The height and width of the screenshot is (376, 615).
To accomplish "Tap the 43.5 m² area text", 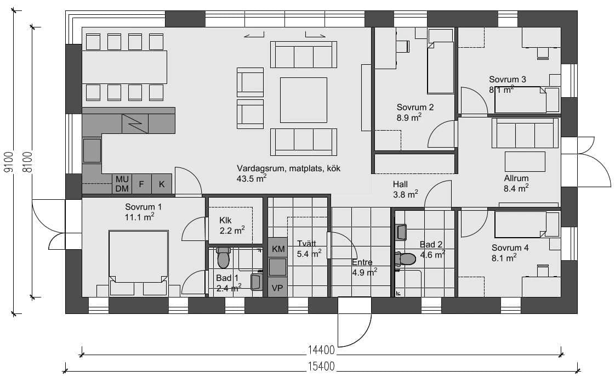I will tap(252, 178).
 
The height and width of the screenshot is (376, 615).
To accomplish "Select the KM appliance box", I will tap(278, 249).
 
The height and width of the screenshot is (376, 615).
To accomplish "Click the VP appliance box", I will tap(278, 288).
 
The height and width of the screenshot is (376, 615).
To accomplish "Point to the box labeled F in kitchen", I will tap(141, 184).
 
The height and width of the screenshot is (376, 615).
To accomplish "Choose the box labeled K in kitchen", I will tap(162, 184).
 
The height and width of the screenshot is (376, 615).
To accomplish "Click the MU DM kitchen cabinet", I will tap(122, 184).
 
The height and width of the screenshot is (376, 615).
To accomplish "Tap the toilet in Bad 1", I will tap(223, 257).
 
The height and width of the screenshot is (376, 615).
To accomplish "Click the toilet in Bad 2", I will tap(406, 258).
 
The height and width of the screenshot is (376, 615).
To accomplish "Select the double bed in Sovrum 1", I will tap(138, 257).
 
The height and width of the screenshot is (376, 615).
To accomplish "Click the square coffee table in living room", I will tap(303, 100).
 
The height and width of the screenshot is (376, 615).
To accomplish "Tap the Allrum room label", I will tap(516, 178).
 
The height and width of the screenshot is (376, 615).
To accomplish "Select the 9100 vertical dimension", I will tap(8, 163).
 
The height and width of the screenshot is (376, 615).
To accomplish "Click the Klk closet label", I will tap(225, 221).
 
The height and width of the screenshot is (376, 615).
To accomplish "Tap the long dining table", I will tap(124, 67).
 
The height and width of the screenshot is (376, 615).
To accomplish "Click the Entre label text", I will tap(362, 262).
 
